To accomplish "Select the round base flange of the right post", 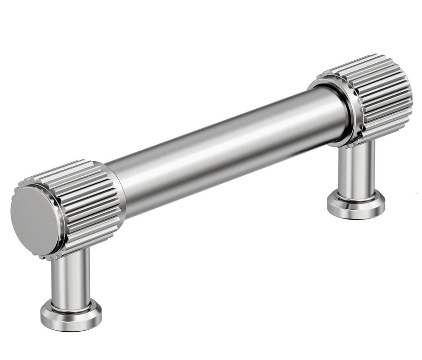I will coord(356,204).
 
